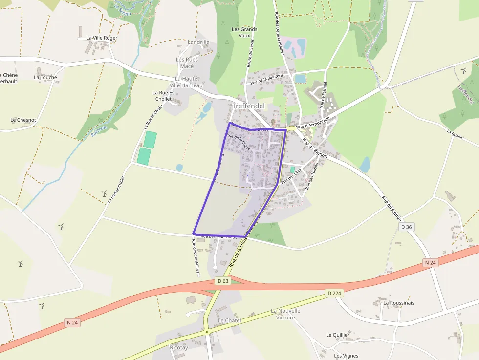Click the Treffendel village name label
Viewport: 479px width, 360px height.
(248, 106)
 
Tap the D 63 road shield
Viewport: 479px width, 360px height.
(223, 281)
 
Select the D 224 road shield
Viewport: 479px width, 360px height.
(334, 293)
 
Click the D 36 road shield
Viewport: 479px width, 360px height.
(407, 227)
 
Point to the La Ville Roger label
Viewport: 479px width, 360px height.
(102, 38)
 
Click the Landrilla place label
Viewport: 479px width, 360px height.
(198, 42)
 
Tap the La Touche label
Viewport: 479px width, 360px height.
(45, 77)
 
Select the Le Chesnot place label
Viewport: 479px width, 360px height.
(23, 120)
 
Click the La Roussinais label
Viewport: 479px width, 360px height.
(399, 303)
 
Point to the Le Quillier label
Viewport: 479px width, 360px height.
(338, 335)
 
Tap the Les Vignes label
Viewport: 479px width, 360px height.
(346, 356)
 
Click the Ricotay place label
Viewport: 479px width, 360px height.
(178, 348)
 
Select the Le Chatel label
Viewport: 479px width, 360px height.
(230, 320)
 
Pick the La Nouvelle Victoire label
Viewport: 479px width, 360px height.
(286, 314)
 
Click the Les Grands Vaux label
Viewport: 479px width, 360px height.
(244, 32)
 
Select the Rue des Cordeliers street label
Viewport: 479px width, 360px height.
(196, 256)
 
